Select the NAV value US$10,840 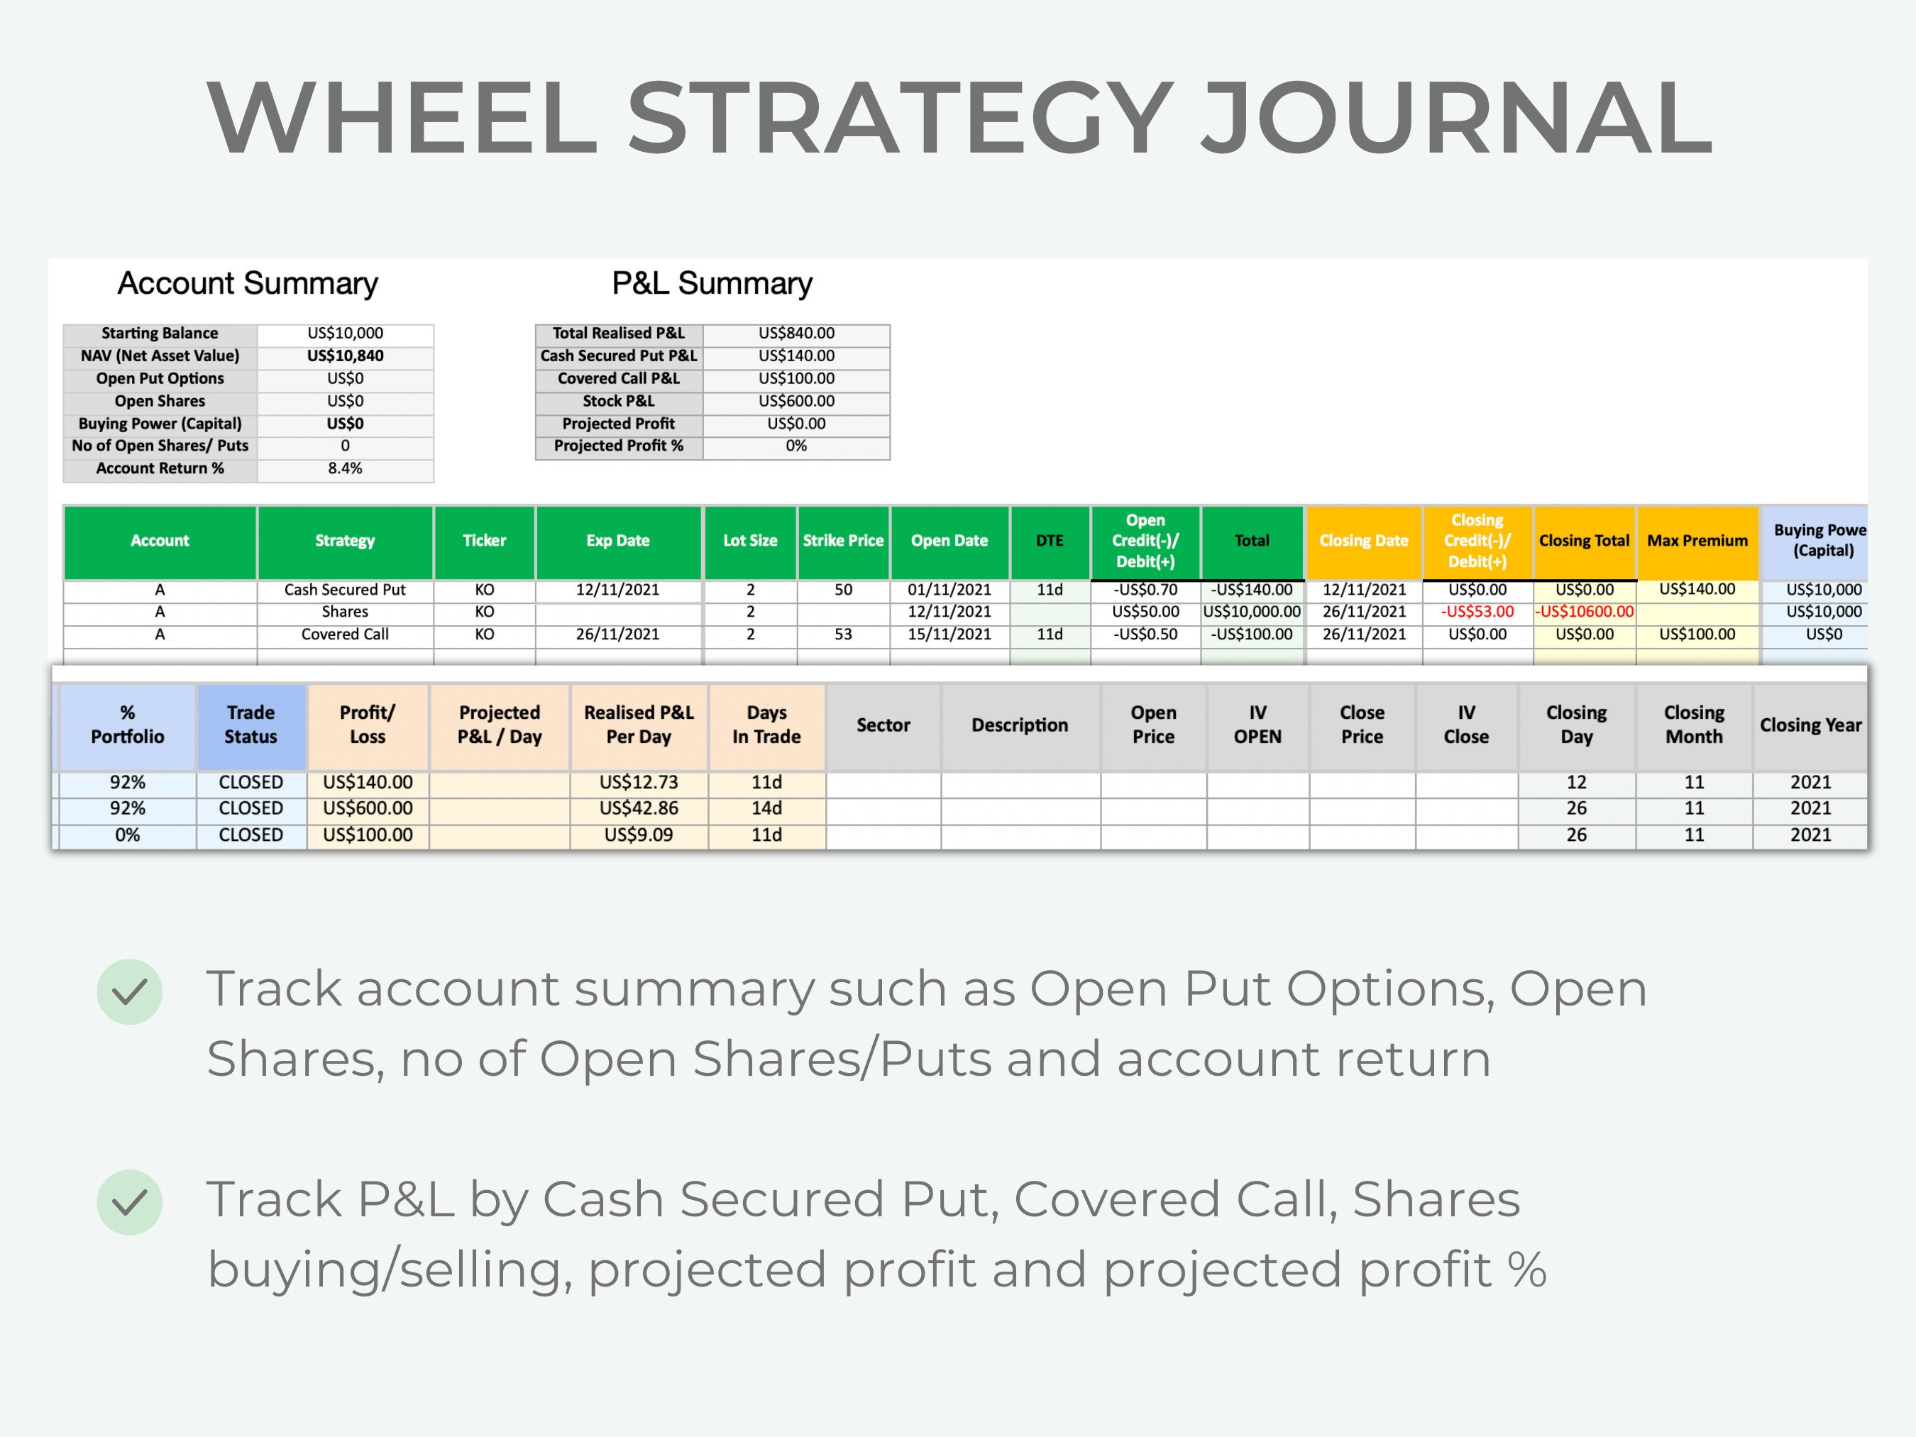pos(345,356)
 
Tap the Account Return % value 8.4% pos(345,468)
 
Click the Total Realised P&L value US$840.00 pos(796,334)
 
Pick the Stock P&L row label pos(619,401)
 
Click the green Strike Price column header pos(843,541)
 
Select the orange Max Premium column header pos(1697,541)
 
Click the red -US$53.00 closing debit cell pos(1477,612)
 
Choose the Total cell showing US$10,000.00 pos(1252,612)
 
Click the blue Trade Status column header pos(250,725)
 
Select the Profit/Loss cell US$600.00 pos(368,808)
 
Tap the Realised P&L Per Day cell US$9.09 pos(639,835)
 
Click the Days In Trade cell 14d pos(766,808)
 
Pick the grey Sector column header pos(883,725)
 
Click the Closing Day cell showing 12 pos(1577,782)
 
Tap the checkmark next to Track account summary pos(130,992)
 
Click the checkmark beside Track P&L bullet pos(130,1202)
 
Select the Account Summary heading pos(248,284)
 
